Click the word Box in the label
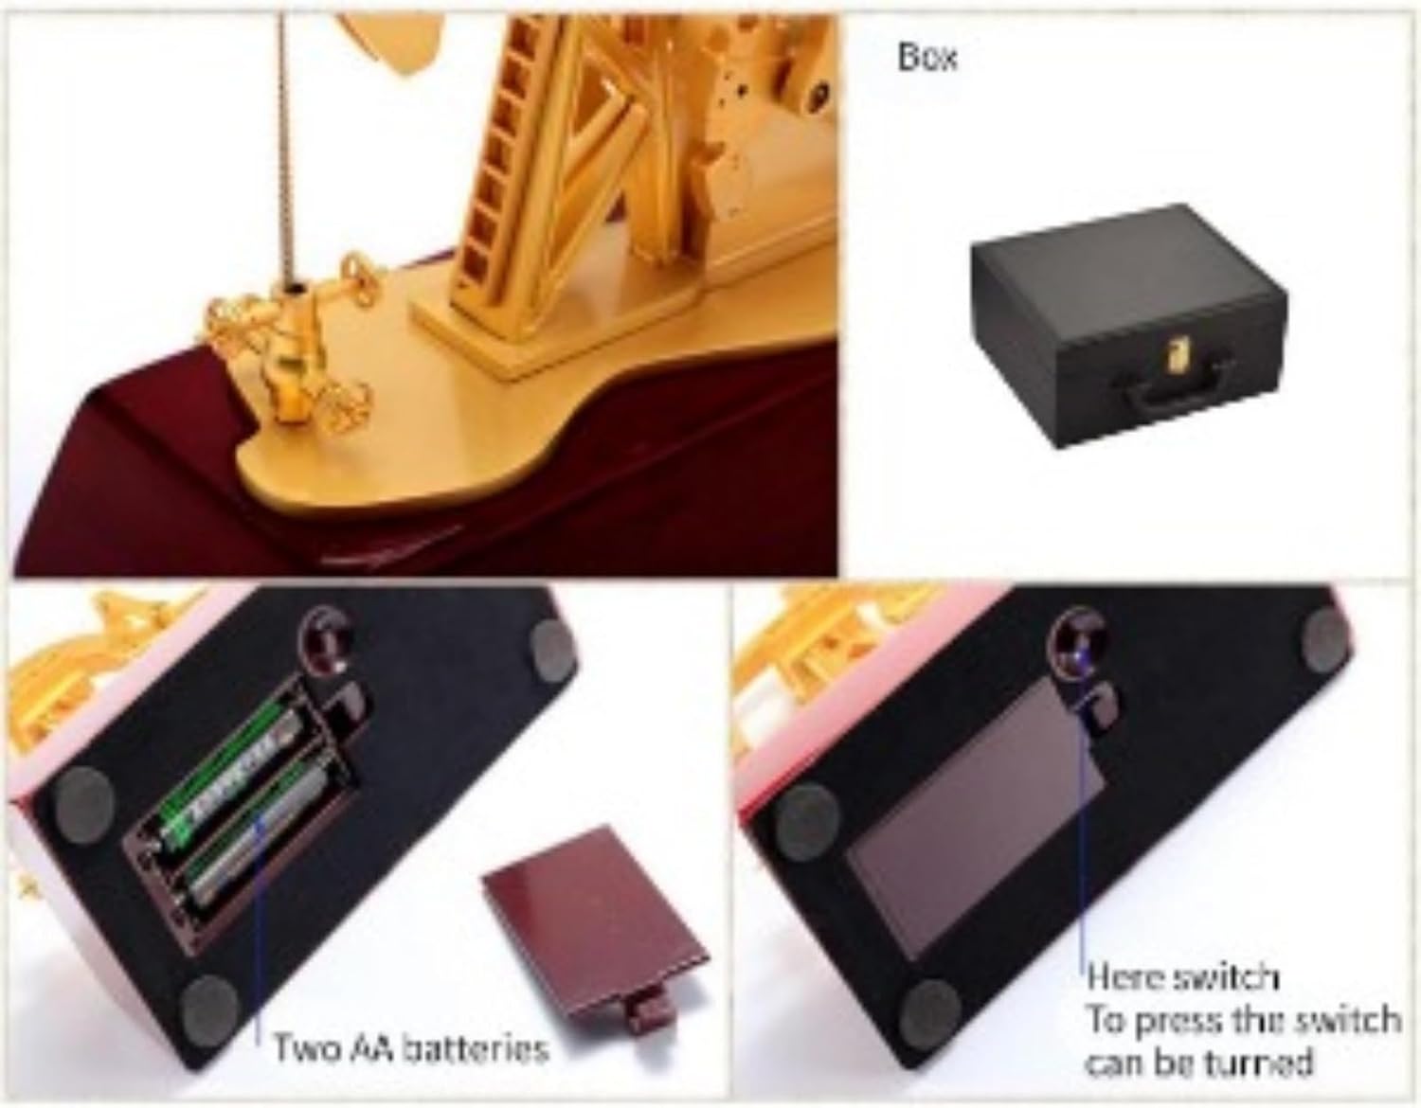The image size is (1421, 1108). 928,57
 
